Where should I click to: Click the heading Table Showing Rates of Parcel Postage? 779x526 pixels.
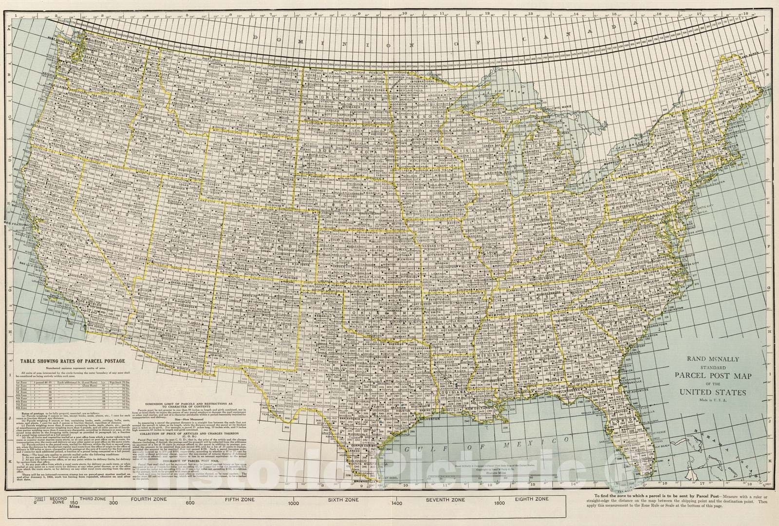click(x=72, y=361)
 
